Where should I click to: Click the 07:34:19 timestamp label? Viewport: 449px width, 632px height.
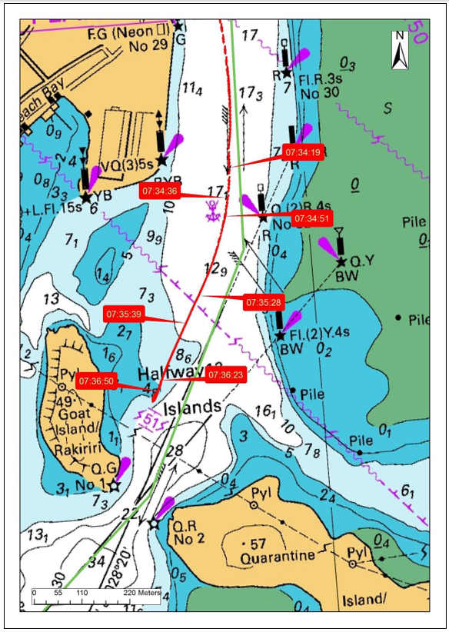coord(302,152)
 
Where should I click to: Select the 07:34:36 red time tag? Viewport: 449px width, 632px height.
coord(159,191)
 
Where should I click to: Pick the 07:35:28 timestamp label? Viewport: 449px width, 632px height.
coord(264,302)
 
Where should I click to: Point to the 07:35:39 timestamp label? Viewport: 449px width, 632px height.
coord(124,314)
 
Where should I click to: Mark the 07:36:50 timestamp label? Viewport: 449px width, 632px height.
coord(96,381)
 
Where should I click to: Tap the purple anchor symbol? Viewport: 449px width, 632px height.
coord(213,209)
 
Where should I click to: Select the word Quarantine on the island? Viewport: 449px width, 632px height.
coord(285,556)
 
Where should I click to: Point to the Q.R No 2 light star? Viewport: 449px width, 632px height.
coord(154,524)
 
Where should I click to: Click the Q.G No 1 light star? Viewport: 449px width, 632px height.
coord(114,485)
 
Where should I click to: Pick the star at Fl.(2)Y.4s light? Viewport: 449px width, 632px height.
coord(280,335)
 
